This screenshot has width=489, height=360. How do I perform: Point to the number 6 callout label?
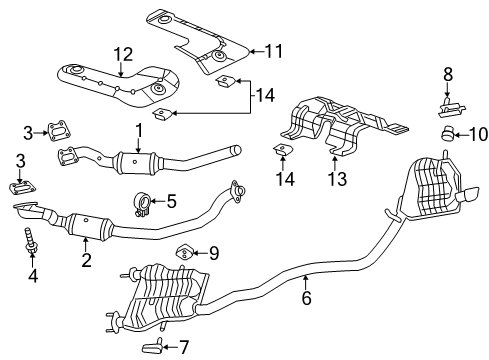(x=306, y=297)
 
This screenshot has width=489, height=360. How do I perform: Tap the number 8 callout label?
(x=447, y=73)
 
